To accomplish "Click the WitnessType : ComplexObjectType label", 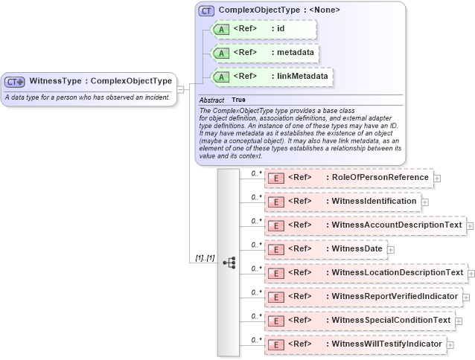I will pos(100,81).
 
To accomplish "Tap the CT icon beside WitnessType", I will pos(15,82).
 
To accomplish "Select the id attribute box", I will pos(264,29).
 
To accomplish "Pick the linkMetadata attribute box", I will pos(271,76).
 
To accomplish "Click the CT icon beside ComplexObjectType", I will pos(206,10).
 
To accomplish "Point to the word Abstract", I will pos(211,100).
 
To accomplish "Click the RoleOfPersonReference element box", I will pos(348,178).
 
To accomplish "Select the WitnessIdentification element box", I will pos(342,202).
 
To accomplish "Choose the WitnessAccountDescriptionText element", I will pos(365,225).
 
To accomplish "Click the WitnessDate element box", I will pos(325,249).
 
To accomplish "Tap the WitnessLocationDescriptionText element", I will pos(366,273).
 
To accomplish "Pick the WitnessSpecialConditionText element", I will pos(360,321).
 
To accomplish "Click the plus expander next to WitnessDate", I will pos(391,250).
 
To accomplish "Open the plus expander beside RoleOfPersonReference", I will pos(437,179).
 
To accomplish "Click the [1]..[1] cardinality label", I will pos(205,258).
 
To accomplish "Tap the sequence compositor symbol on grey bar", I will pos(229,263).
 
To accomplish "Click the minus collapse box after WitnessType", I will pos(180,89).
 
